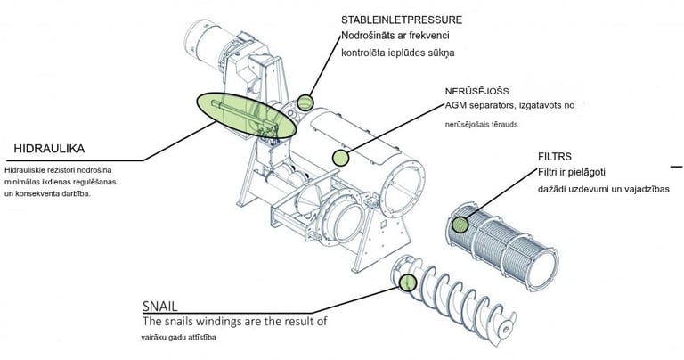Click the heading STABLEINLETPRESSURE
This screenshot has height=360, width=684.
point(401,19)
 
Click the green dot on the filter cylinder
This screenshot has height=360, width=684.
point(460,225)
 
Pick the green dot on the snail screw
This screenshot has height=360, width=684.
point(408,282)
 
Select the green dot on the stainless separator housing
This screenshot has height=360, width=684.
point(339,158)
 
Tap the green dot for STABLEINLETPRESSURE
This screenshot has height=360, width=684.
point(305,102)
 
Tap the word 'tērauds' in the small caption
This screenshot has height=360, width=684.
point(504,126)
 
